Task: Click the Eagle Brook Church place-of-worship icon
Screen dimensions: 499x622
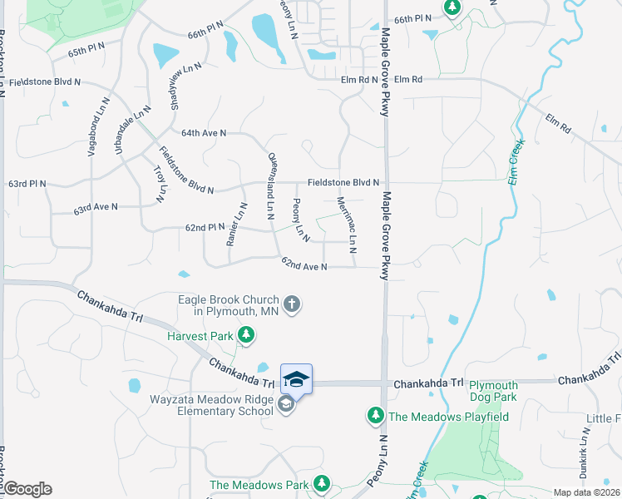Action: click(x=291, y=304)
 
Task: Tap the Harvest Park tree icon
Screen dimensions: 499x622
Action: click(x=245, y=336)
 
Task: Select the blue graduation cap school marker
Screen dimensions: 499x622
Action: click(x=296, y=379)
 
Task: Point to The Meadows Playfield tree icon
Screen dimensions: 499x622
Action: click(x=375, y=415)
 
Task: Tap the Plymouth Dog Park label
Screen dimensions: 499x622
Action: click(x=494, y=391)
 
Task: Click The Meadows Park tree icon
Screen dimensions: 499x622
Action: click(x=321, y=484)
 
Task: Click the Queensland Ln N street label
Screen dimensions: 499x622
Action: click(x=271, y=185)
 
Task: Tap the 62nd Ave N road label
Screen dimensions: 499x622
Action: click(x=304, y=265)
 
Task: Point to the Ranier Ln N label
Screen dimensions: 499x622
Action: click(x=237, y=225)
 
